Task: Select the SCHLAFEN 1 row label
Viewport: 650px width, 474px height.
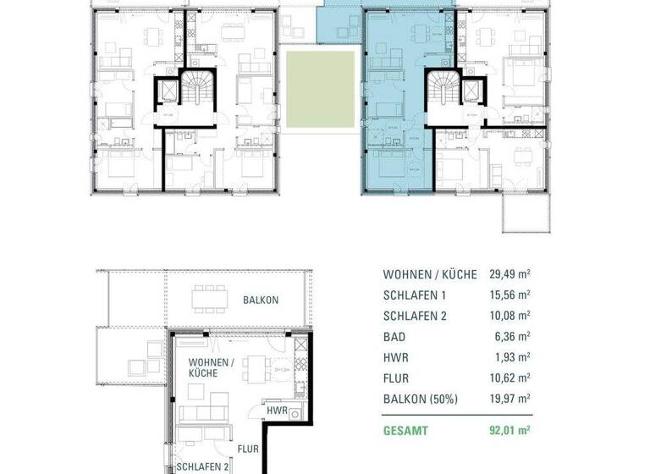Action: coord(416,295)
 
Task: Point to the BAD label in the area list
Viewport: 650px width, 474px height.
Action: coord(394,337)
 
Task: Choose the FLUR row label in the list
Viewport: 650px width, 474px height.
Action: coord(397,378)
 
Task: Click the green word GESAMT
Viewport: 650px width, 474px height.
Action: coord(405,431)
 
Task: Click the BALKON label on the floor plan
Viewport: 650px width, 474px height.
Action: coord(261,300)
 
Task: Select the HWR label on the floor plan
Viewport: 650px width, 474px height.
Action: coord(275,411)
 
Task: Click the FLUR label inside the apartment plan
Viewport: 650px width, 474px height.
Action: coord(248,449)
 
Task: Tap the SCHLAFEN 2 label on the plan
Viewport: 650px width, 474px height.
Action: coord(202,466)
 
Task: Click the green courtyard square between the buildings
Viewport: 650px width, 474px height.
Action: coord(319,90)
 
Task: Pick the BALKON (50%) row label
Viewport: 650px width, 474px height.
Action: coord(421,399)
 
